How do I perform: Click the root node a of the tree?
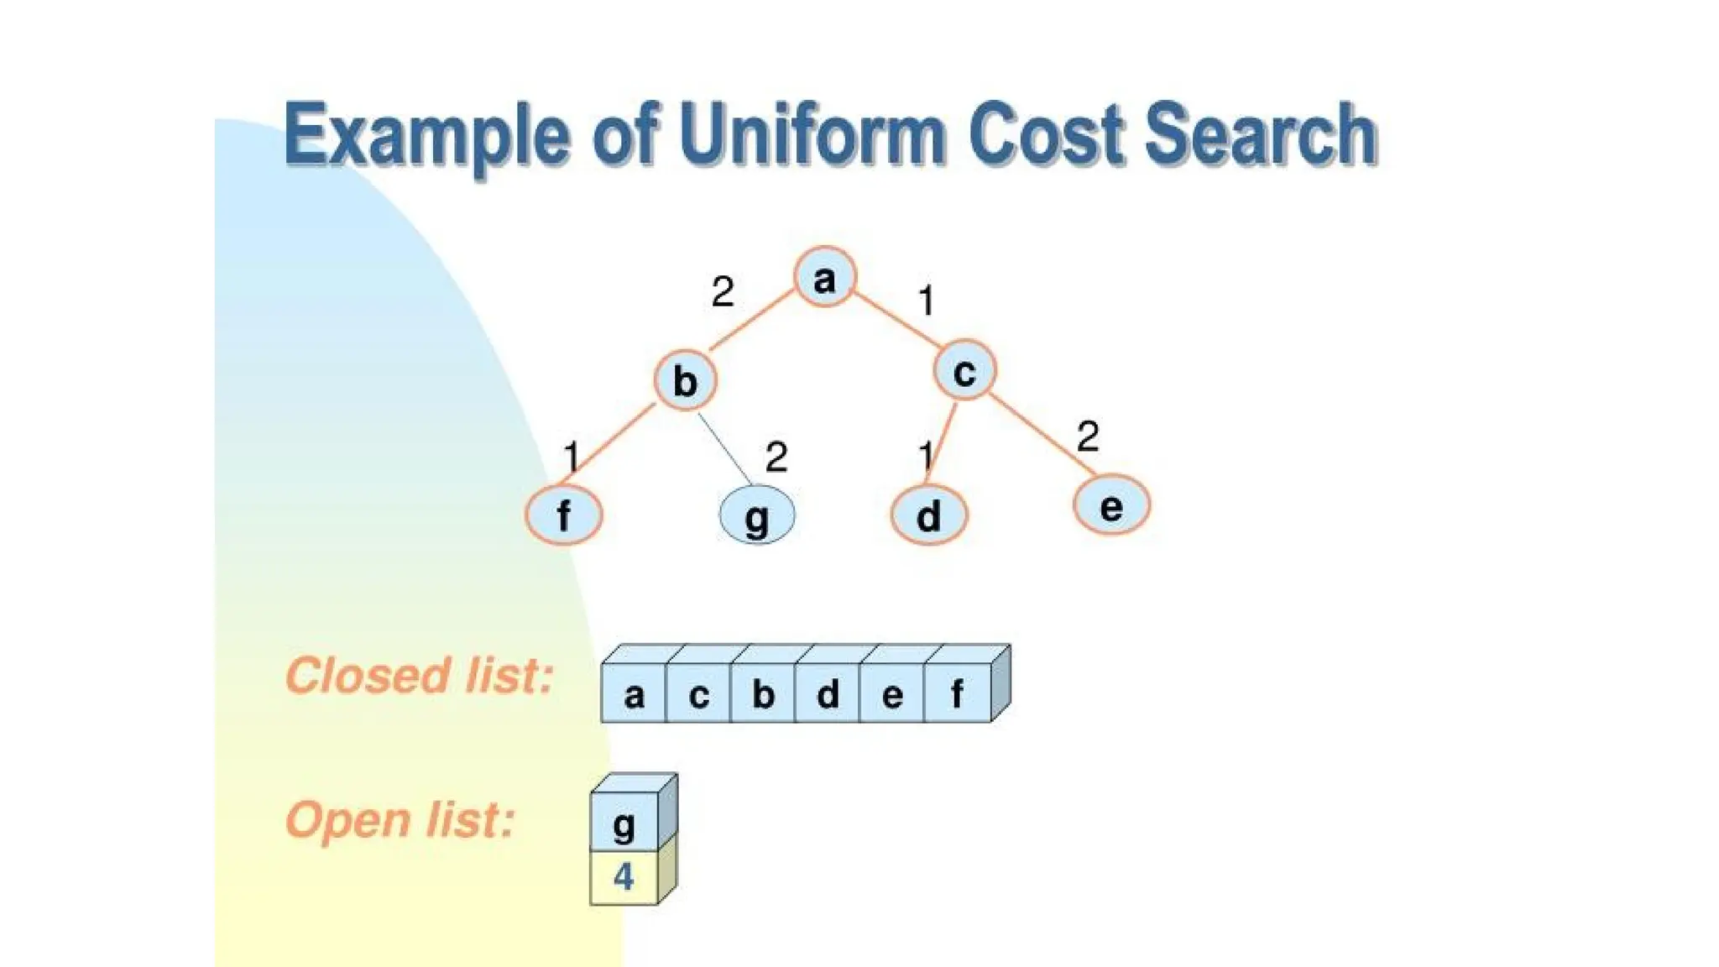[825, 277]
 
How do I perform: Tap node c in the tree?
[964, 370]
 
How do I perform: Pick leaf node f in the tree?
[564, 515]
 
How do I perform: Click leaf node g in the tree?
[757, 515]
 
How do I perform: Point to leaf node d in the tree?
[928, 515]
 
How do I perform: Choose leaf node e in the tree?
[1111, 505]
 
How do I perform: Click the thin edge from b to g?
[724, 447]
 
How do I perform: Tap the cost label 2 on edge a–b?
[722, 292]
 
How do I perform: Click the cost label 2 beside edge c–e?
[1087, 436]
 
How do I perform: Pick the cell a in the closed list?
[634, 694]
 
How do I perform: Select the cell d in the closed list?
[828, 694]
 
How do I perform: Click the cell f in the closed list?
[957, 694]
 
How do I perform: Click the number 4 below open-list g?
[624, 877]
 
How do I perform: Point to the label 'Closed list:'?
[419, 675]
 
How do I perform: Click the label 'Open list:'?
[400, 819]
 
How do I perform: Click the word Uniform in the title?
[812, 134]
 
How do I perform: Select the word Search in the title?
[1260, 134]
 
